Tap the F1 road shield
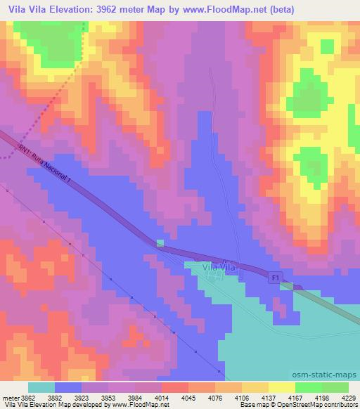point(276,279)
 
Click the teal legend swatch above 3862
point(41,387)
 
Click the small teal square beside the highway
point(160,243)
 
